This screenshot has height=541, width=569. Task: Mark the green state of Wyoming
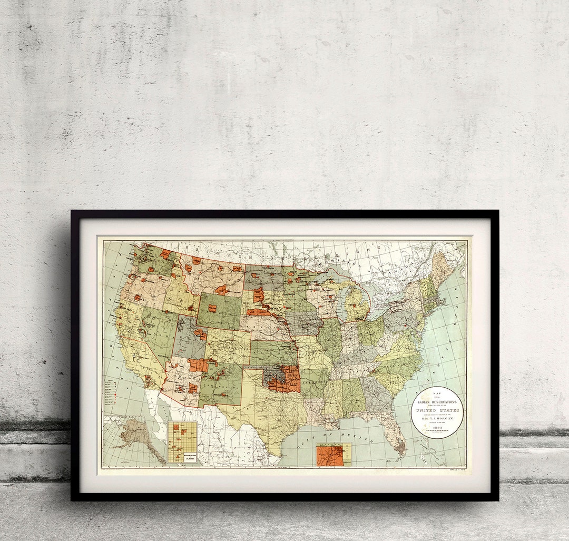219,311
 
